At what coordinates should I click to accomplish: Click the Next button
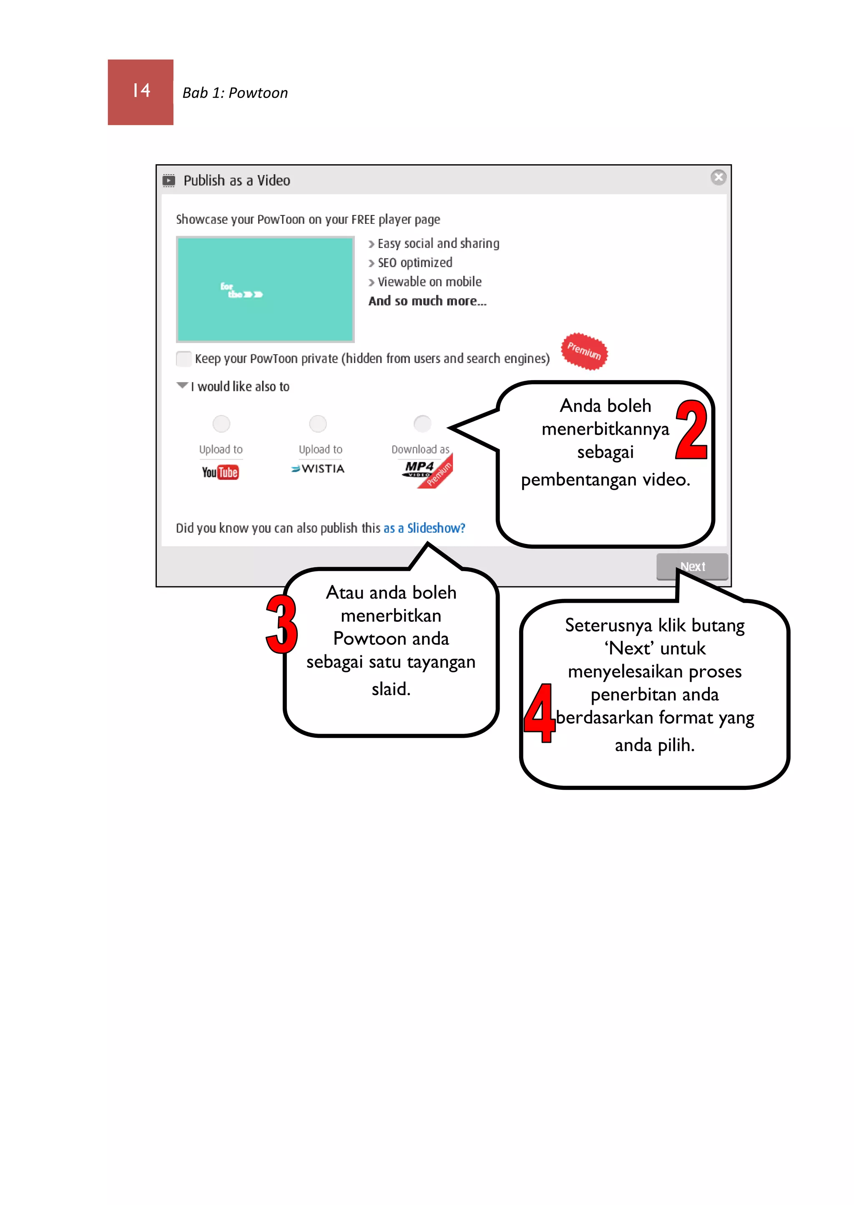point(692,566)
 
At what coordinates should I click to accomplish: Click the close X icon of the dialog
point(718,177)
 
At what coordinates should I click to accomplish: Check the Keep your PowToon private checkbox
point(183,359)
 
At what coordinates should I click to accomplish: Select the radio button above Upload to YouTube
point(221,423)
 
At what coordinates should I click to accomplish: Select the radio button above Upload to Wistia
point(318,423)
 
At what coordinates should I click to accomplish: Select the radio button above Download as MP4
point(422,423)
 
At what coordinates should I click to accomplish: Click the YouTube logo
point(220,472)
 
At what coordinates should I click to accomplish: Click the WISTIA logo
point(318,468)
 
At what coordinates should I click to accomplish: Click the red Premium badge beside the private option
point(584,351)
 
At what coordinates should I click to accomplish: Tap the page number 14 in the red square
point(141,91)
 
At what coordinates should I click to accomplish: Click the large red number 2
point(691,429)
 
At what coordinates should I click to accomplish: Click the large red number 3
point(282,624)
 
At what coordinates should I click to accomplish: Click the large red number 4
point(540,713)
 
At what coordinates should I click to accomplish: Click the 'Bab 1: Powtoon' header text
point(235,93)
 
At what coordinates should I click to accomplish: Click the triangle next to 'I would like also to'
point(182,386)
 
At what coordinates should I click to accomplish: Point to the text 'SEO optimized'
point(414,263)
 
